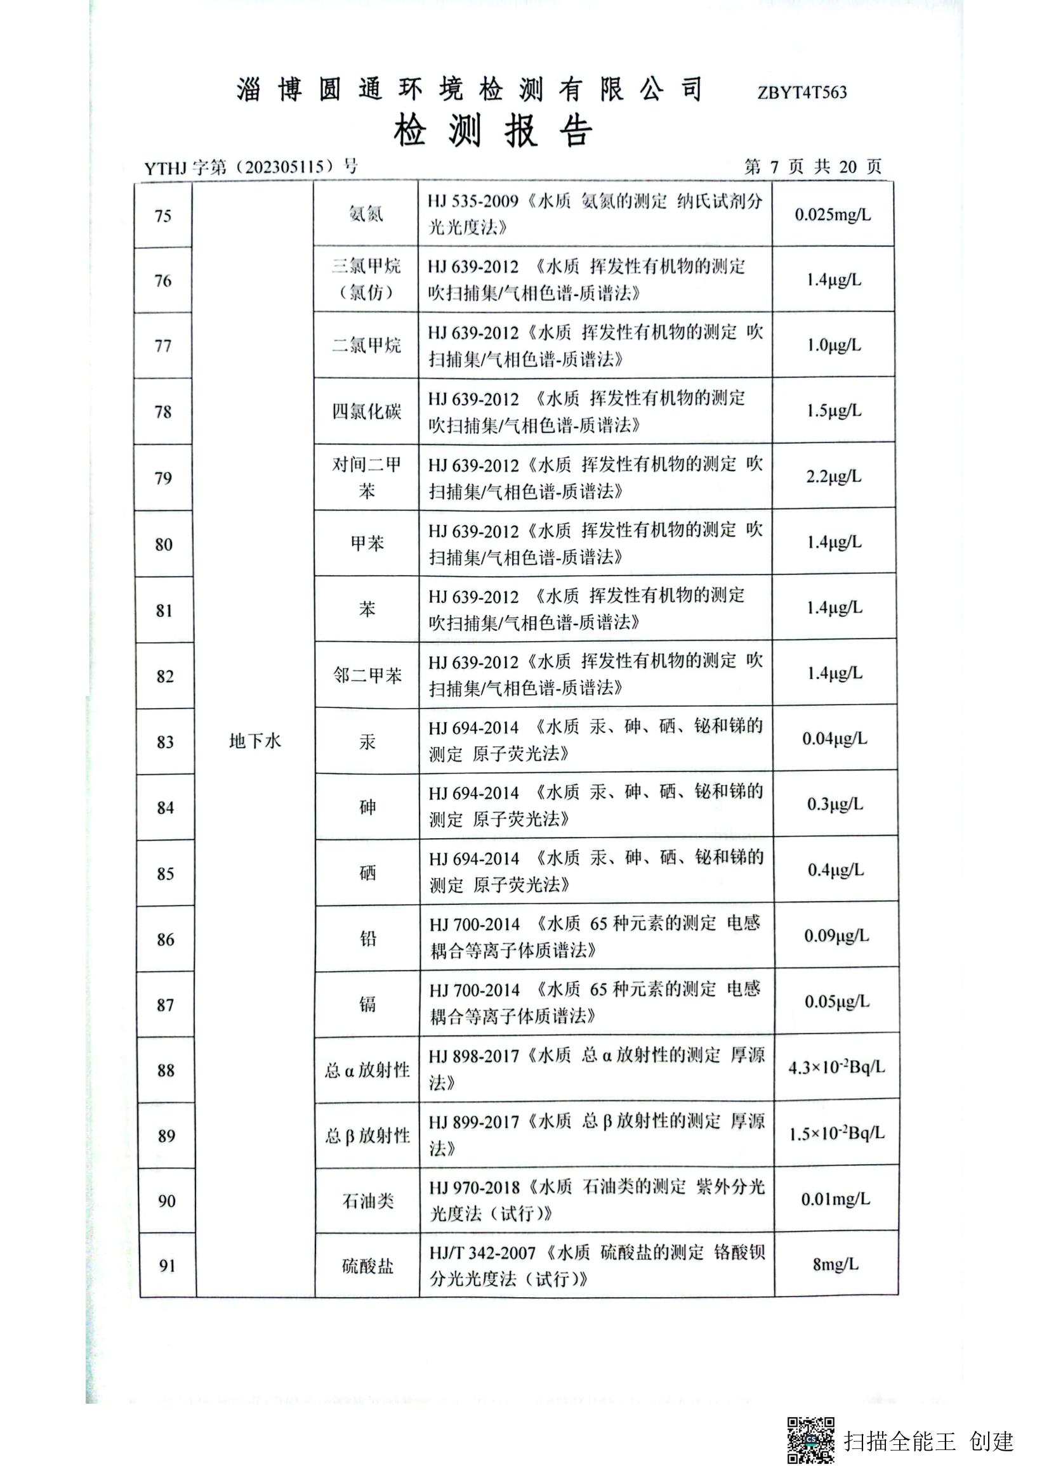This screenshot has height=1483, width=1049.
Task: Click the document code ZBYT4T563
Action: [x=802, y=93]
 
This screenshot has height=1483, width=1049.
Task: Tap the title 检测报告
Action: [x=492, y=131]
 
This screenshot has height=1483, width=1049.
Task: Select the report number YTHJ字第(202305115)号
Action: [x=251, y=167]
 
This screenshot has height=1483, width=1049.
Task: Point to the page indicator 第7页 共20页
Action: [x=812, y=167]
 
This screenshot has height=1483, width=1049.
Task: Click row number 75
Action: [x=163, y=216]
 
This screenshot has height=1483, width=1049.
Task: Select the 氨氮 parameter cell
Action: [x=366, y=214]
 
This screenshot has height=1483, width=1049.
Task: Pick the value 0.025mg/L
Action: [x=833, y=215]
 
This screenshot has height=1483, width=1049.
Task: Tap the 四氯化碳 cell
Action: [x=366, y=411]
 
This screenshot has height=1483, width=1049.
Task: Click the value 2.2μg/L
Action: [x=833, y=477]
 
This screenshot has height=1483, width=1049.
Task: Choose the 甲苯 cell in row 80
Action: [x=366, y=543]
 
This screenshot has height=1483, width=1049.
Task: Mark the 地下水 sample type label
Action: [x=254, y=741]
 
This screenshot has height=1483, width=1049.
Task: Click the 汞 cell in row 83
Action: [x=367, y=742]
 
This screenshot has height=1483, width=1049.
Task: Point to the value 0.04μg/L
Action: [x=835, y=739]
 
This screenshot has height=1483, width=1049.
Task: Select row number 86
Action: [x=166, y=939]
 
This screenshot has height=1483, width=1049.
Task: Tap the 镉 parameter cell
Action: [x=367, y=1003]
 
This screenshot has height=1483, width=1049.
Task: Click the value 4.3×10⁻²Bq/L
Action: [x=836, y=1068]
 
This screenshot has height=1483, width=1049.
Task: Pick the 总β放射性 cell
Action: [x=367, y=1136]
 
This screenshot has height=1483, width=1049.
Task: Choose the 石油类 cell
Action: [x=368, y=1201]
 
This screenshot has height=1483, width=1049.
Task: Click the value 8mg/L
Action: [x=836, y=1264]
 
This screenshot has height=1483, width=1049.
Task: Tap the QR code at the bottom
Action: [x=810, y=1441]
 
